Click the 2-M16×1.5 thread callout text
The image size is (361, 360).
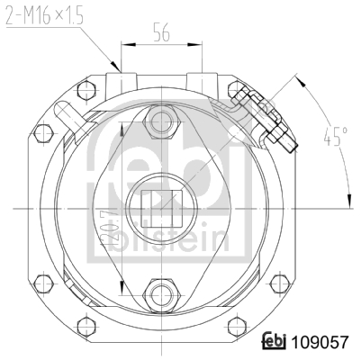tap(44, 14)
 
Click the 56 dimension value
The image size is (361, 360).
tap(161, 31)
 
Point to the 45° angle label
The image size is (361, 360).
tap(336, 137)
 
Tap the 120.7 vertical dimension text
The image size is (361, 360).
tap(110, 229)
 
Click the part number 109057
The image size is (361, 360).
tap(320, 342)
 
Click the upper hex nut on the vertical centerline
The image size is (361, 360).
tap(161, 122)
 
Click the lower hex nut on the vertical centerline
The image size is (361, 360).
tap(161, 295)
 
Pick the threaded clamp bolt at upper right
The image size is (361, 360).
tap(265, 120)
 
